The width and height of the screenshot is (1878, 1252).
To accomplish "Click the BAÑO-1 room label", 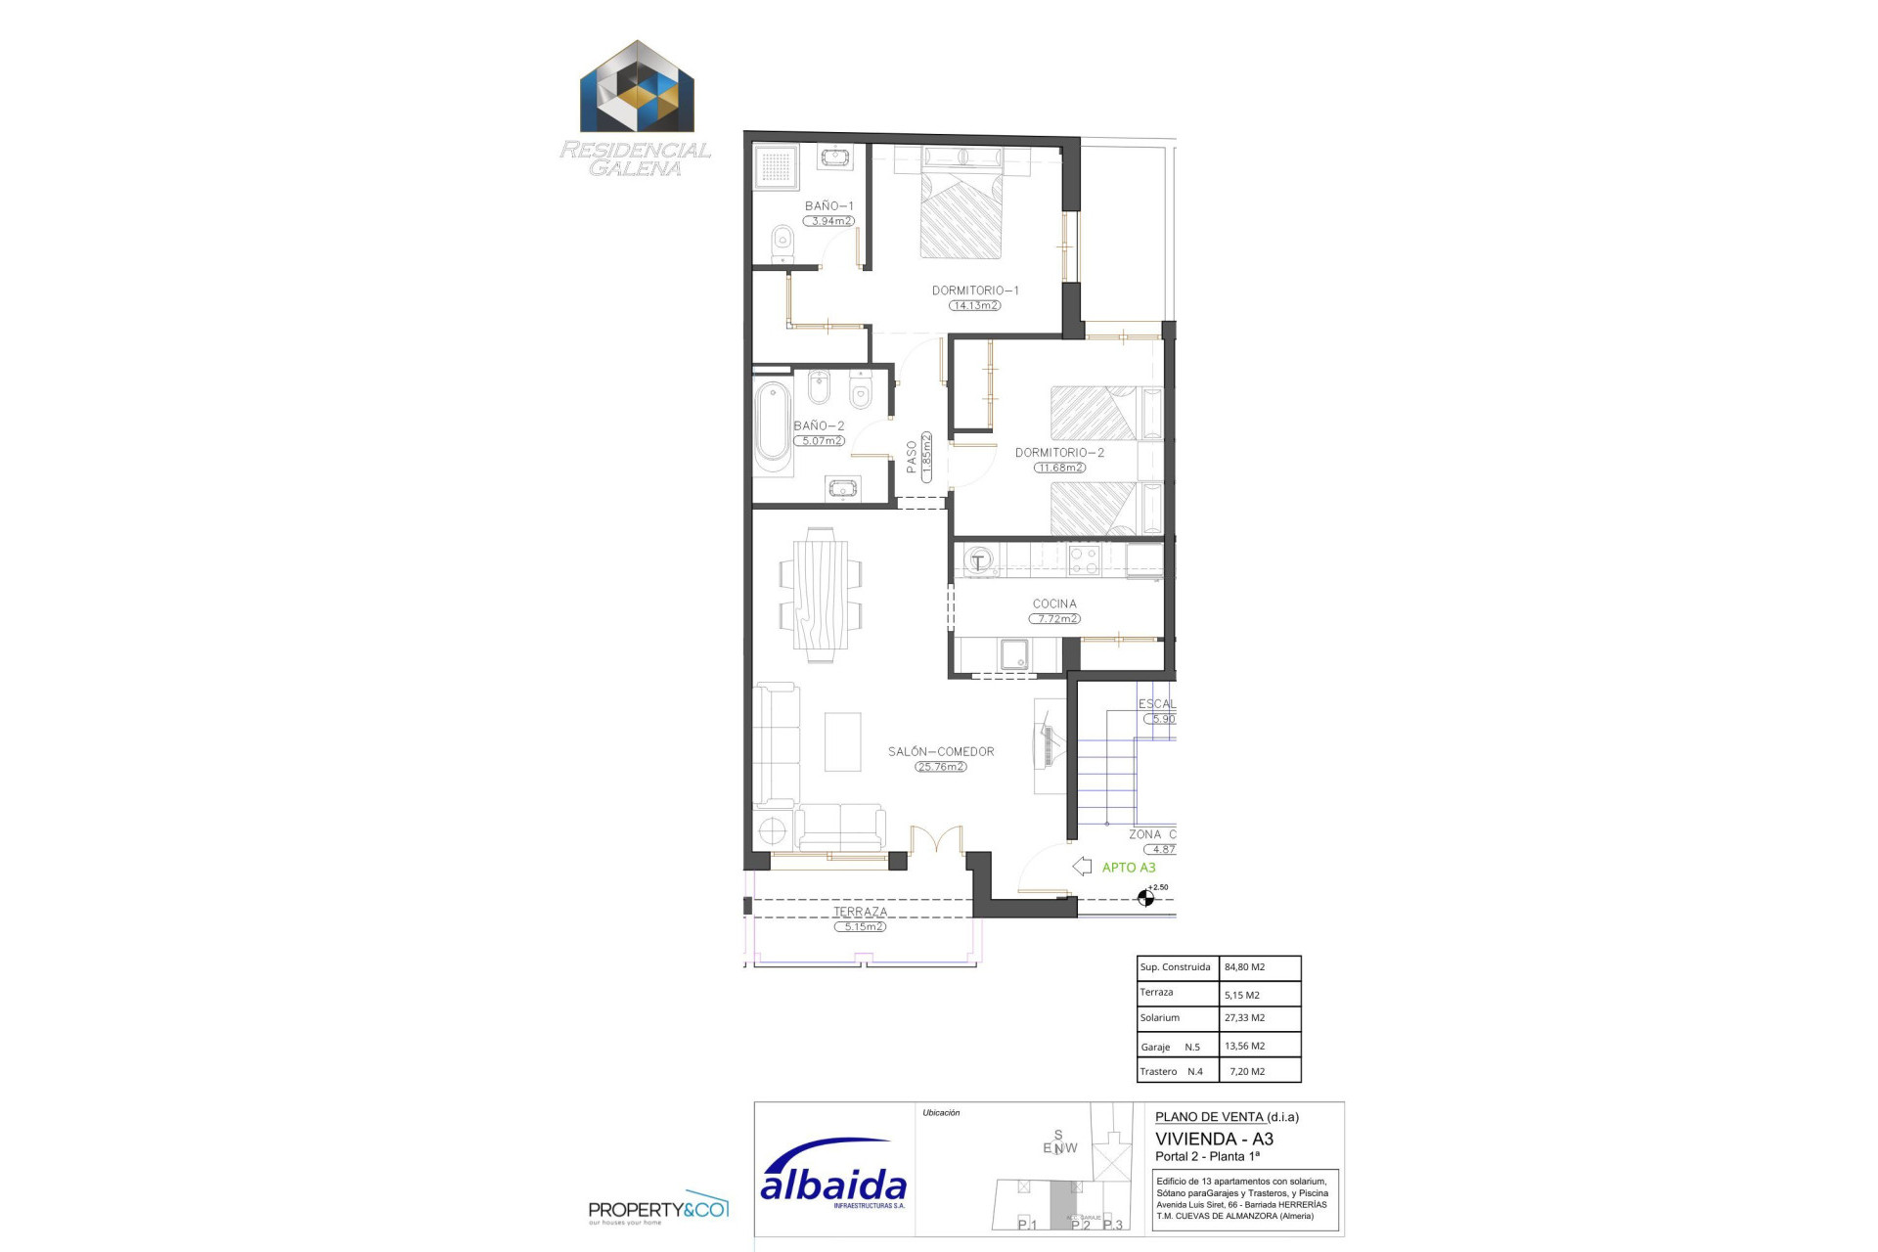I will point(828,206).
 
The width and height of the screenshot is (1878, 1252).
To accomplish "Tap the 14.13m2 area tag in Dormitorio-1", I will point(974,306).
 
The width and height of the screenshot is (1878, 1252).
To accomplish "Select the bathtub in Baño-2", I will point(773,428).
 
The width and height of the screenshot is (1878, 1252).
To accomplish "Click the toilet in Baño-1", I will point(782,242).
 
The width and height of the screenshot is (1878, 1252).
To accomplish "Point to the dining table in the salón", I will point(820,594).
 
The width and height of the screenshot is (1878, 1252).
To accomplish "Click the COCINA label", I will point(1054,604).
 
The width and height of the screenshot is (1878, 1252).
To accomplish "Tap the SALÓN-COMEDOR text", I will point(941,752).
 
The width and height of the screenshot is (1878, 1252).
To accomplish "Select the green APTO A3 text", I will point(1129,868).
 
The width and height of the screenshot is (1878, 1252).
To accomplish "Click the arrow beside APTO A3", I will point(1082,867).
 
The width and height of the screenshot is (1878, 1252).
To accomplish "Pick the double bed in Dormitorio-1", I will point(961,210).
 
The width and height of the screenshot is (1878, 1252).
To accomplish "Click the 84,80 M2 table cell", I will point(1245,967).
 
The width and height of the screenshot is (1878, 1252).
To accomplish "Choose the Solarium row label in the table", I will point(1160,1018).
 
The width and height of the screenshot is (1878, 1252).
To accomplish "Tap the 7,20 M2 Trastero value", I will point(1247,1072).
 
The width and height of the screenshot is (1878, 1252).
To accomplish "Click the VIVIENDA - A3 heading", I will point(1214,1140).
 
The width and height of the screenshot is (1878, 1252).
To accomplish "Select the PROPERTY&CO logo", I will point(657,1210).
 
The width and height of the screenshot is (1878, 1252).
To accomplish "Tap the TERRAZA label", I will point(860,912).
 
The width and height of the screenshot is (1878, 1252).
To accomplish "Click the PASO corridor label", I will point(912,457).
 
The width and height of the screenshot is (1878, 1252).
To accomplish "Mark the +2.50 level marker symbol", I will point(1146,898).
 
